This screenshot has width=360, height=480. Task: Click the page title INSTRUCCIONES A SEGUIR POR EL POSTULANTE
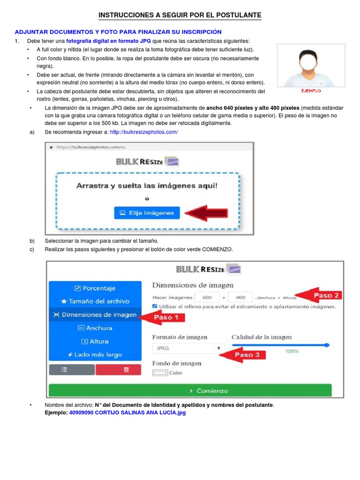pos(180,15)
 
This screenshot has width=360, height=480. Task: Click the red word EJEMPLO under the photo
pos(310,90)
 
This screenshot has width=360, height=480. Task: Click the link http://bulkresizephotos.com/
pos(144,132)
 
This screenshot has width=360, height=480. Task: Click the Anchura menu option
pos(95,328)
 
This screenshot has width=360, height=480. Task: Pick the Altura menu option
pos(95,341)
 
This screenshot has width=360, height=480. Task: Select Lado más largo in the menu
pos(95,355)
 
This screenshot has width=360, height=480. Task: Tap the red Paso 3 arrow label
pos(244,355)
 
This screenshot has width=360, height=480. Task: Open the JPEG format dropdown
pos(187,348)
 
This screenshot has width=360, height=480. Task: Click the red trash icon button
pos(126,369)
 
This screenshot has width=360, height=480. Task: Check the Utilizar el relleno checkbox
pos(155,307)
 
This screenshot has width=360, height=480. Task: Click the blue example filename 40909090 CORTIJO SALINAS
pos(127,413)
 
